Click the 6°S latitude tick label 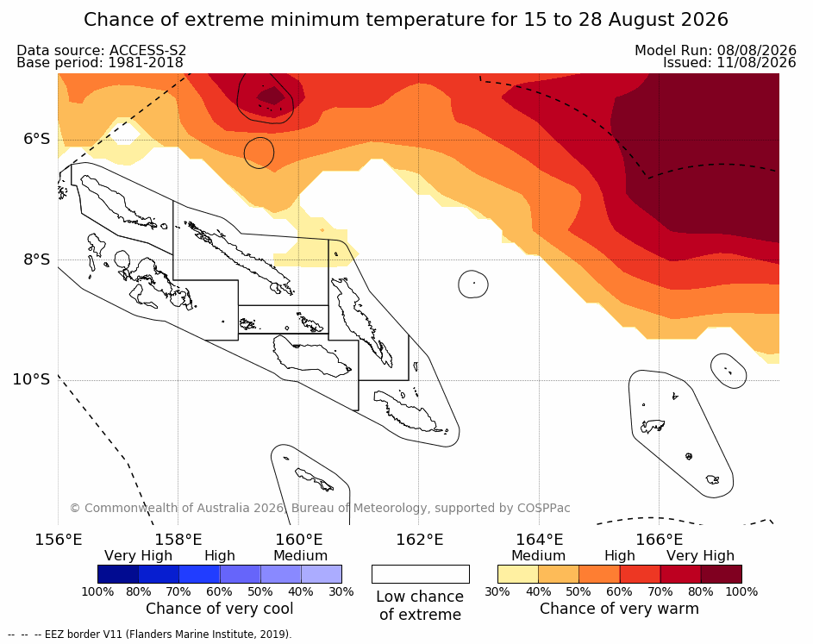point(36,139)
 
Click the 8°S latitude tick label point(36,259)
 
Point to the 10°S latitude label point(32,379)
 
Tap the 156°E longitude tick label point(58,540)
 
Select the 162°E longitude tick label point(420,540)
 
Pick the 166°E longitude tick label point(660,540)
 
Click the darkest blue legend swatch point(118,574)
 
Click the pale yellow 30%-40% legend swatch point(518,574)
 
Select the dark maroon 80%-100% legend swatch point(722,574)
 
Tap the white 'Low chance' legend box point(421,574)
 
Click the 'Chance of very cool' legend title point(219,609)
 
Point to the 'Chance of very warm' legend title point(619,609)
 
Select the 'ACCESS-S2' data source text point(147,50)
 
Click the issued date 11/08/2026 point(756,63)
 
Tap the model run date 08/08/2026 point(756,50)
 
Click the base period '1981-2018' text point(145,63)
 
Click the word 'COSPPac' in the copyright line point(543,508)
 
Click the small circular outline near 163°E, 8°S point(473,284)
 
